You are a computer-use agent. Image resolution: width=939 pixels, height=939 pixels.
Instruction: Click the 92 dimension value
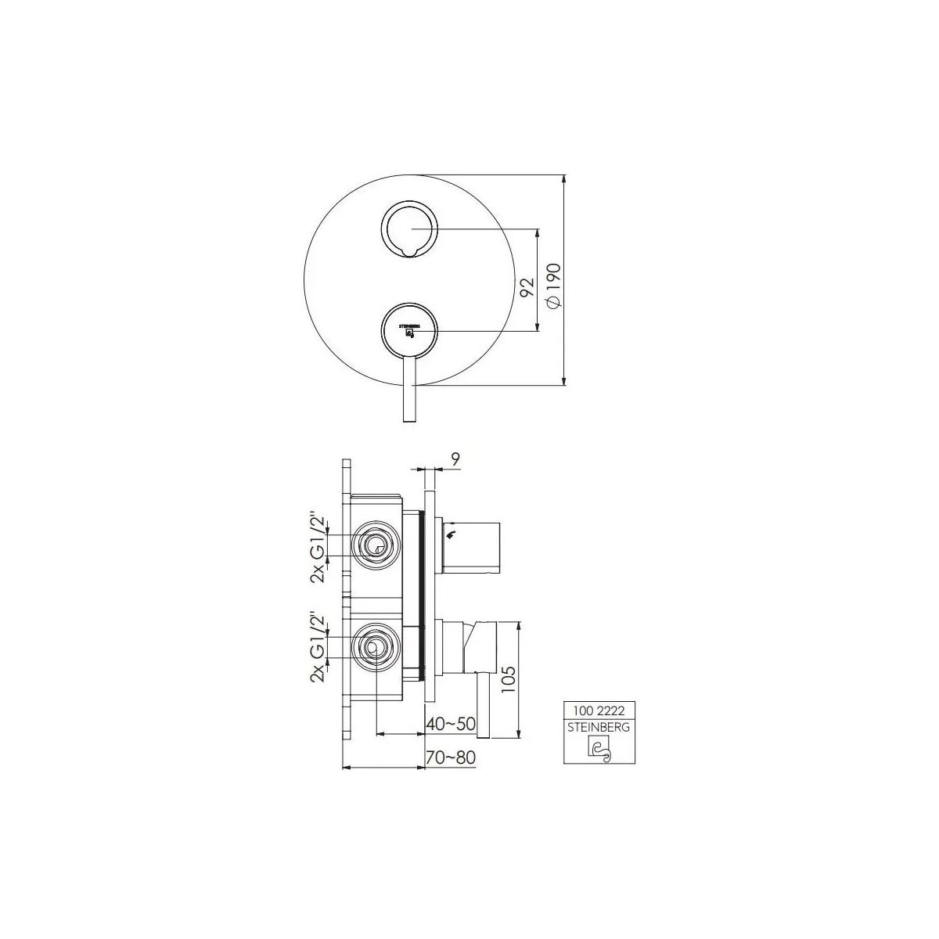pos(527,287)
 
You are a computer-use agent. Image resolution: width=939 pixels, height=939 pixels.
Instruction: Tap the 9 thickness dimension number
pos(455,459)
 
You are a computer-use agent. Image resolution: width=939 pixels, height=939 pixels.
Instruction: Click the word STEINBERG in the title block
pos(599,727)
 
